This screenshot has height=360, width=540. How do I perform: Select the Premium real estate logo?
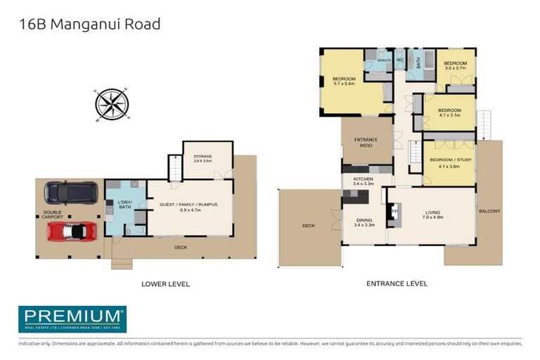72,319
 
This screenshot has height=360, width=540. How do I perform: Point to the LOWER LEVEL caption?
166,284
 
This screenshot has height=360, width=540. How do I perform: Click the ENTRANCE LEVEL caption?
397,284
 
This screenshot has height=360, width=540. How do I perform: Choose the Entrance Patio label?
366,143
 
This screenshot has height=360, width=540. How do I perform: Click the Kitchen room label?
363,181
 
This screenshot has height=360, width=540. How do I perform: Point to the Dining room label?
364,222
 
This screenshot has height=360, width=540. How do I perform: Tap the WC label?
399,60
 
